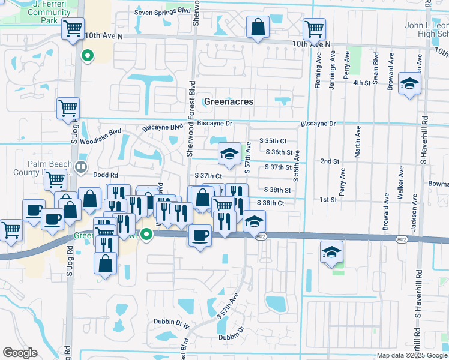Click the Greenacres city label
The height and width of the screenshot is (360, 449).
tap(228, 101)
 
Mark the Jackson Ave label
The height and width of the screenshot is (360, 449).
tap(414, 213)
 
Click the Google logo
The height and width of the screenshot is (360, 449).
tap(20, 353)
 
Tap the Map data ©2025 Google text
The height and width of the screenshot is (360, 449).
tap(411, 355)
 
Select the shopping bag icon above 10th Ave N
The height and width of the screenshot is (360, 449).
tap(258, 27)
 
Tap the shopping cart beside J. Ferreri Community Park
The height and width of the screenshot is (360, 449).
tap(73, 28)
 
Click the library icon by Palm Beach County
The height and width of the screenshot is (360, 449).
tap(82, 166)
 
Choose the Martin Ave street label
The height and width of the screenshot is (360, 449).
tap(358, 142)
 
